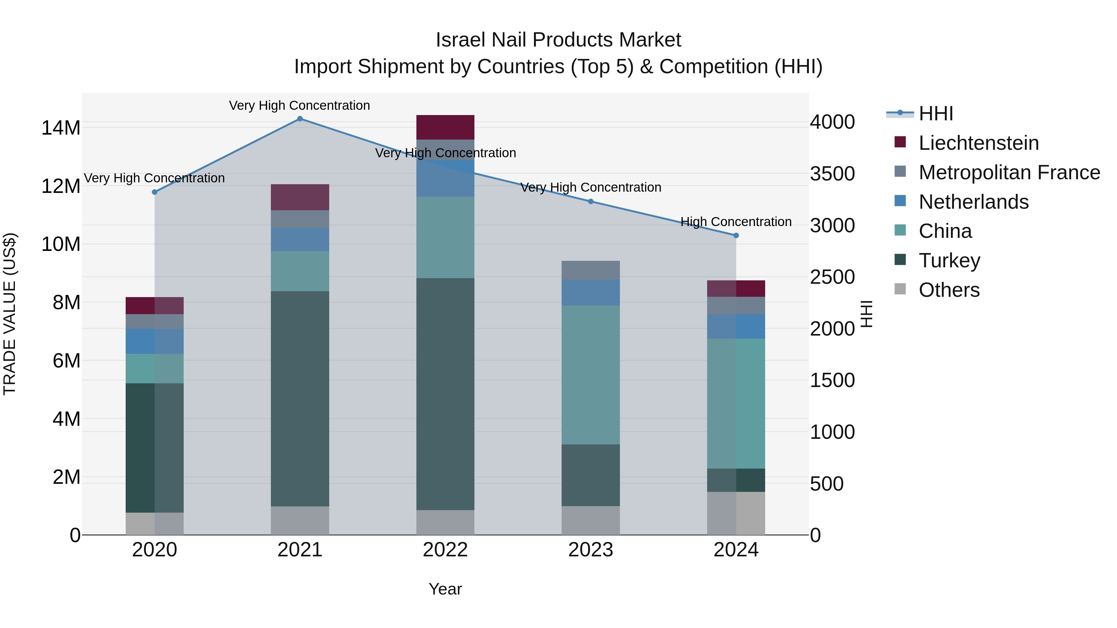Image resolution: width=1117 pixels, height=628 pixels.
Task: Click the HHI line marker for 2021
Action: pos(300,118)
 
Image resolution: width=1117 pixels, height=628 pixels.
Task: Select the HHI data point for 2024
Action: pos(736,235)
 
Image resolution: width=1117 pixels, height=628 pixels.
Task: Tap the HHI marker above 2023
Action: pos(590,201)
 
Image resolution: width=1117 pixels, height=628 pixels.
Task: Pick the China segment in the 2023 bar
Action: pos(590,375)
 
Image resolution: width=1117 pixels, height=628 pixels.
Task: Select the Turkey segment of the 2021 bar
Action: pos(300,399)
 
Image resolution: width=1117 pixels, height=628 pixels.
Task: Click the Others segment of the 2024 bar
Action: pos(736,513)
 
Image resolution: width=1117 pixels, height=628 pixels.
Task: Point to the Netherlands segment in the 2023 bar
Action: pos(590,292)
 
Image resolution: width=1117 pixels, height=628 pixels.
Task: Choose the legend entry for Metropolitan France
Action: pos(1009,172)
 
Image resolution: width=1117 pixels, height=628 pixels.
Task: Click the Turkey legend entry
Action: pos(949,261)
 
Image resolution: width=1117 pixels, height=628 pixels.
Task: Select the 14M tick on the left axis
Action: pos(61,128)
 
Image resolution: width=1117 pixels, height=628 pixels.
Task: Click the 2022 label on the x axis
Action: pos(445,550)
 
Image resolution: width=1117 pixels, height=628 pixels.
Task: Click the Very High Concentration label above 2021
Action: pos(300,105)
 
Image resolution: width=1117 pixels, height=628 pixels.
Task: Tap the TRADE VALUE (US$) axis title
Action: pos(10,314)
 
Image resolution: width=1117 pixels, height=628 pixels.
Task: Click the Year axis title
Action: pos(445,589)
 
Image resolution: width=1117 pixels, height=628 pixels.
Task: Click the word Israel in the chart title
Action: pos(460,40)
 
